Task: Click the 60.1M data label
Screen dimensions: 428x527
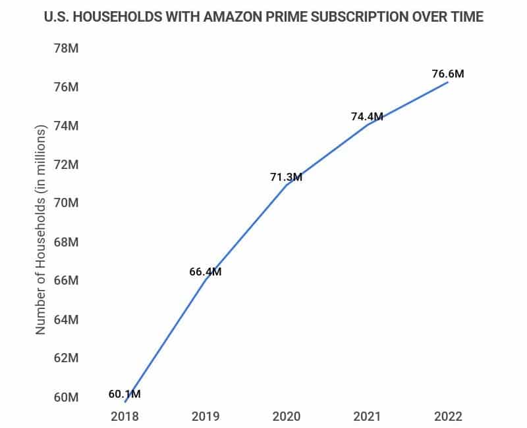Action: (x=125, y=394)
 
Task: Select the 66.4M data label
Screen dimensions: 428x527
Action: (x=206, y=272)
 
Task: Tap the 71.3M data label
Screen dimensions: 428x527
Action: (x=286, y=178)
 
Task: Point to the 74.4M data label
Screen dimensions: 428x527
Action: (x=367, y=116)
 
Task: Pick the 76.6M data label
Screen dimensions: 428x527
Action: (x=448, y=74)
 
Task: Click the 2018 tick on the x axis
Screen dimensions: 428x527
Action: (x=125, y=416)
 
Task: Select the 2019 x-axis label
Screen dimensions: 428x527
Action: (x=206, y=416)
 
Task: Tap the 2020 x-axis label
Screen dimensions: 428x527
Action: (x=286, y=416)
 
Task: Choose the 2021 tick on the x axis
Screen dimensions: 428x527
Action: (x=367, y=416)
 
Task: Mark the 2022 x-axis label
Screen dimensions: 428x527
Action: (x=448, y=416)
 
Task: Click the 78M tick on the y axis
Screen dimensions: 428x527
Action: (x=66, y=48)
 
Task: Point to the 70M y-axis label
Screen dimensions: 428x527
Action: (x=66, y=203)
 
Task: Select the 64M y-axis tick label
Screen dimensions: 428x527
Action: (x=66, y=320)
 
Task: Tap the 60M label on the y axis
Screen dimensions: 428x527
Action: (x=66, y=397)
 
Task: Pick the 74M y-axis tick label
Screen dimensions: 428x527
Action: (x=66, y=126)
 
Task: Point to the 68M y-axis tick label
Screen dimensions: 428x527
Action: (x=66, y=242)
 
